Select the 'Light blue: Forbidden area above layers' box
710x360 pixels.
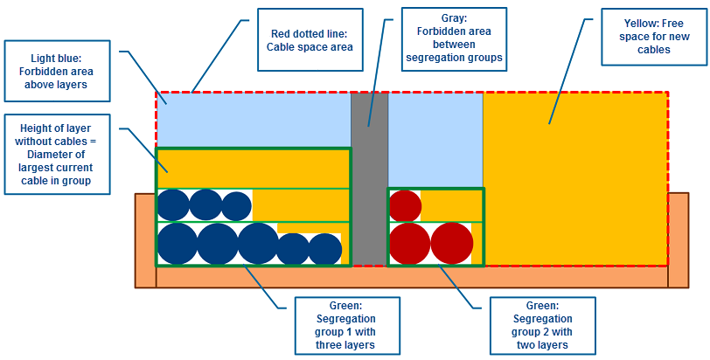pyautogui.click(x=58, y=69)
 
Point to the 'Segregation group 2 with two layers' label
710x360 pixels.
pyautogui.click(x=542, y=325)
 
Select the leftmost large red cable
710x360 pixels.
pyautogui.click(x=409, y=244)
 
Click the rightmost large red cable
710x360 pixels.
pyautogui.click(x=451, y=244)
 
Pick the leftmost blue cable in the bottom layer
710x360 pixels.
pyautogui.click(x=177, y=244)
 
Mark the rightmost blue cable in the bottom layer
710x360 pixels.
pyautogui.click(x=324, y=249)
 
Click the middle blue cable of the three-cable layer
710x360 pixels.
pyautogui.click(x=205, y=205)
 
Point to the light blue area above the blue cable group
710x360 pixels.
pyautogui.click(x=253, y=119)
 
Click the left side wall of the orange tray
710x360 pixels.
pyautogui.click(x=145, y=240)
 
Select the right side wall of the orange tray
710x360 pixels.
pyautogui.click(x=679, y=240)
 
